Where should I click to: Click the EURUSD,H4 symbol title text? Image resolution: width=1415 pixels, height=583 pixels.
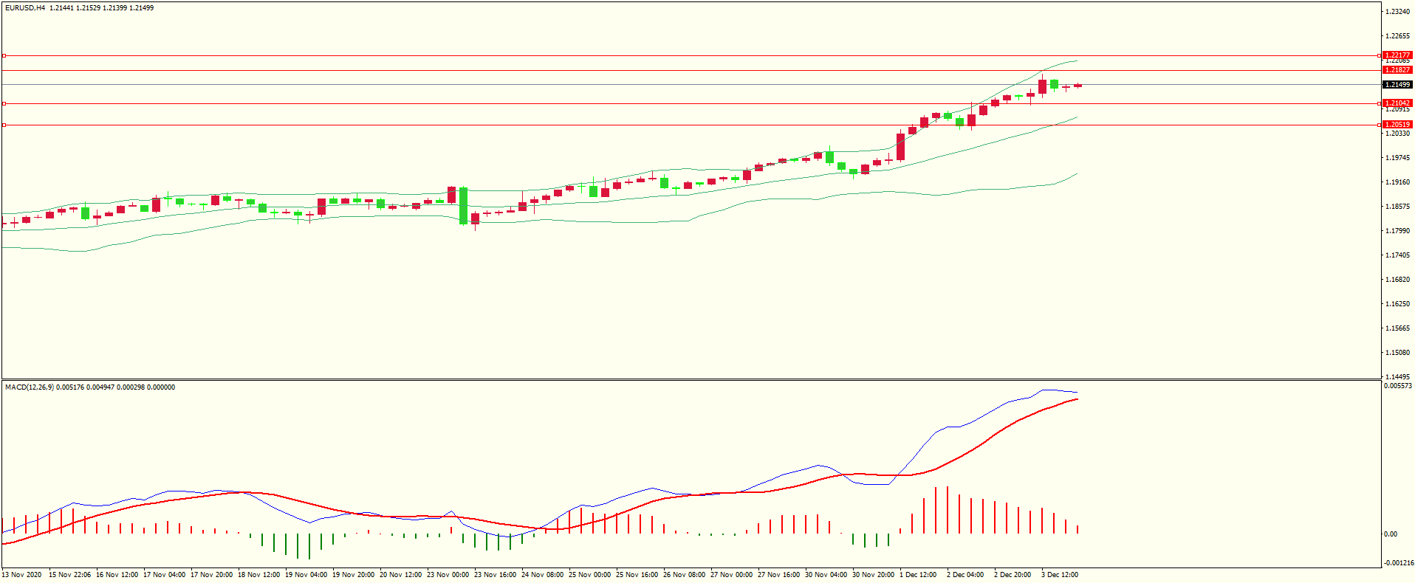click(x=25, y=8)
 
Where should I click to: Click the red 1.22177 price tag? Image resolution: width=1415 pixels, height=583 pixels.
click(x=1397, y=55)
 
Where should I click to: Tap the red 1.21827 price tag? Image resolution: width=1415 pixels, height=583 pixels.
click(x=1397, y=70)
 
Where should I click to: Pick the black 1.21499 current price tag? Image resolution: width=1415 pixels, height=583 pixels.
click(x=1397, y=85)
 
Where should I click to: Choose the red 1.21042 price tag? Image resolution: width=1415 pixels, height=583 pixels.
click(x=1397, y=103)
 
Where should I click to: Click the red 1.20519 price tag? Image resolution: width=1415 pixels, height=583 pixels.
click(x=1397, y=125)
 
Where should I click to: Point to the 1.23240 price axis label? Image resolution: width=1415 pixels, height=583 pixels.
click(x=1397, y=12)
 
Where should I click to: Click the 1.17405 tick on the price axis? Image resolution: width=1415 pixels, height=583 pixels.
click(x=1397, y=255)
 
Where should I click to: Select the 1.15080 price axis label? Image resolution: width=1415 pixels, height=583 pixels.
click(x=1397, y=353)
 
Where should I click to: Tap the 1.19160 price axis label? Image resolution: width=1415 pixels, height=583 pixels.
click(x=1397, y=182)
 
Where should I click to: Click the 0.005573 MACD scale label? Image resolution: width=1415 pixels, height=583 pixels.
click(x=1398, y=386)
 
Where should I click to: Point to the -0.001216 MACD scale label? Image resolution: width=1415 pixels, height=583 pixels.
click(x=1398, y=563)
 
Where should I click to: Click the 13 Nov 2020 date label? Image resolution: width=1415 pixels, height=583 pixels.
click(x=22, y=575)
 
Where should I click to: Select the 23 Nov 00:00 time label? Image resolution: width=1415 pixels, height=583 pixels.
click(x=448, y=575)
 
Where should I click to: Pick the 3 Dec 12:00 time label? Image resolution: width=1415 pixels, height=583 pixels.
click(x=1060, y=575)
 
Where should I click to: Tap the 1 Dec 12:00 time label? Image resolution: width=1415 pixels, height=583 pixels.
click(x=918, y=575)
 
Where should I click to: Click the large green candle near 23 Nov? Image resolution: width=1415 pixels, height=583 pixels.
click(x=463, y=205)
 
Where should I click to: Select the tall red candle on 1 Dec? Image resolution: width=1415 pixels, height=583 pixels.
click(x=900, y=146)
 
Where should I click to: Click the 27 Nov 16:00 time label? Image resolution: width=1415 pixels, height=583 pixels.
click(x=778, y=575)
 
